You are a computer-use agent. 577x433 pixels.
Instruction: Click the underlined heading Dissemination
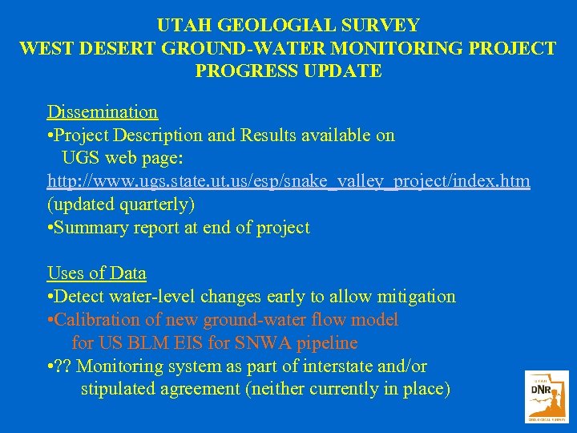[102, 111]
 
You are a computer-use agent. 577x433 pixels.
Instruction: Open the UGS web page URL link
[288, 181]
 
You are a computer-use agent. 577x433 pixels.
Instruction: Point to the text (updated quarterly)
[120, 204]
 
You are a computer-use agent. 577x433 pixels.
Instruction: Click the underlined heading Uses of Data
[96, 273]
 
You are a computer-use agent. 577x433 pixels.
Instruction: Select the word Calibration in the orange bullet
[96, 320]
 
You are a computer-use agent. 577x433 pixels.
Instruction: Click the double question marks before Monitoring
[63, 366]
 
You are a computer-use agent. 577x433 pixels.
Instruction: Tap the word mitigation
[416, 297]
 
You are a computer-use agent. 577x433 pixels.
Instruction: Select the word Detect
[79, 297]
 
